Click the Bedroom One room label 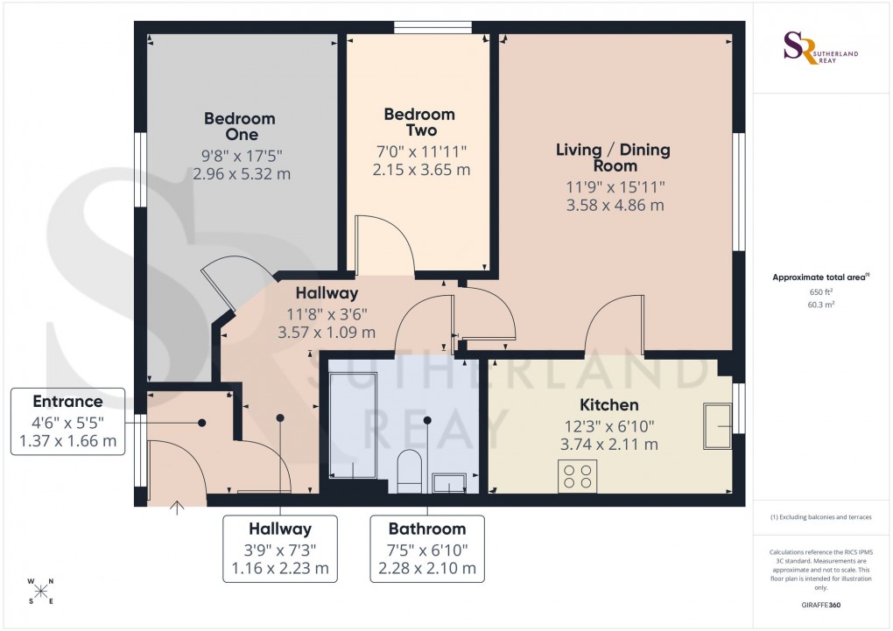[239, 126]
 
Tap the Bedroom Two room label [419, 123]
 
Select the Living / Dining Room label [613, 158]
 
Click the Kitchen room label [608, 405]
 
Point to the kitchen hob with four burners [577, 476]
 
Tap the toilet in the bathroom [408, 469]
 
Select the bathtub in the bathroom [353, 424]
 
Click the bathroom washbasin [450, 482]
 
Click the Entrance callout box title [67, 402]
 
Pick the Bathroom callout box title [427, 529]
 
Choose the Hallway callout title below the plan [280, 529]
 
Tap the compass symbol [39, 591]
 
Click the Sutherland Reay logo [821, 48]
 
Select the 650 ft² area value [821, 293]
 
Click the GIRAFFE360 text [821, 605]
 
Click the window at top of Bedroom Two [433, 28]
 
